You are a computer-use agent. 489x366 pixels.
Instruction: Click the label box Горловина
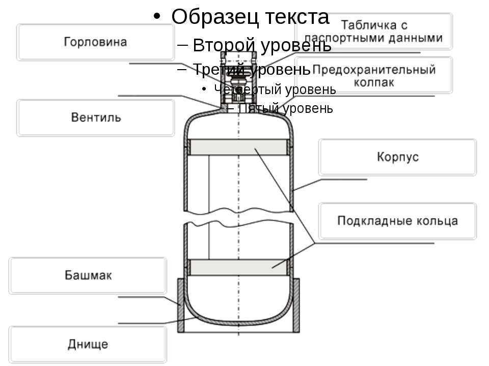click(95, 42)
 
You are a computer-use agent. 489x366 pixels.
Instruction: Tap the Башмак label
click(88, 276)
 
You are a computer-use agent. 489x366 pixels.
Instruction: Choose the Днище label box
click(88, 344)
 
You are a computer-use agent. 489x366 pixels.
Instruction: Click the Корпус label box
click(398, 157)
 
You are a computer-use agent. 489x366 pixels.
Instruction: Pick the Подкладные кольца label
click(398, 221)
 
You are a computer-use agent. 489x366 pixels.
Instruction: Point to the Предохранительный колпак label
click(373, 75)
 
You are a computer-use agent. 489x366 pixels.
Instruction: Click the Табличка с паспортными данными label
click(373, 31)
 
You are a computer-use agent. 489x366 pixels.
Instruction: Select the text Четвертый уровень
click(275, 89)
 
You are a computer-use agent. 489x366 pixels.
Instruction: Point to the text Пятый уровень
click(286, 108)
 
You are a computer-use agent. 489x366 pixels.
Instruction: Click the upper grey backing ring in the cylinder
click(238, 147)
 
